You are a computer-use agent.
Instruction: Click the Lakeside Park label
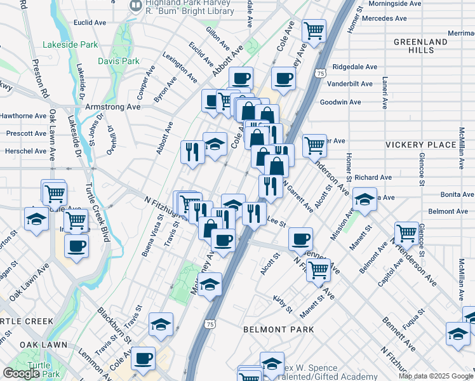click(x=70, y=44)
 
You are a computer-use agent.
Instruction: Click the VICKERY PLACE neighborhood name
click(x=420, y=145)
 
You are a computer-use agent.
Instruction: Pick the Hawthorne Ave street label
click(x=23, y=116)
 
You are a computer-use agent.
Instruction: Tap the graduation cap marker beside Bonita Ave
click(x=365, y=199)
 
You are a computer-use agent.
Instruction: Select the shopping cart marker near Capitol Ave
click(x=406, y=233)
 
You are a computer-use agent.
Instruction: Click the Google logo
click(x=21, y=373)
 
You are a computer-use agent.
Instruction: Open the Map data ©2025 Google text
click(x=436, y=376)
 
